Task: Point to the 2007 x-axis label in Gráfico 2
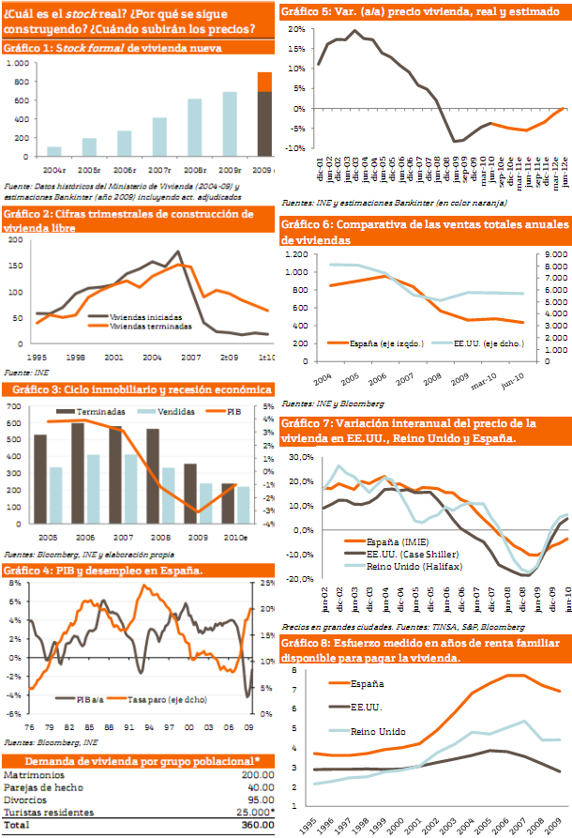click(x=188, y=358)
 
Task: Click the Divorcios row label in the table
click(x=26, y=800)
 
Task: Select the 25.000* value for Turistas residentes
click(x=251, y=812)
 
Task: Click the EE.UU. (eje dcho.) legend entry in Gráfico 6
click(x=474, y=343)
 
